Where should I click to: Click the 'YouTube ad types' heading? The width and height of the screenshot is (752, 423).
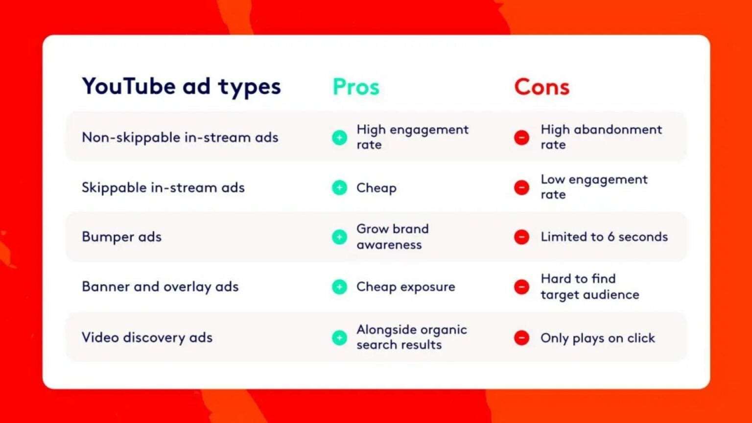pos(181,87)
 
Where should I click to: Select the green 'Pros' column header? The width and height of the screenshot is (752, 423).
pos(356,87)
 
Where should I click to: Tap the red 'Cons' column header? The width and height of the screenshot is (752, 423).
pos(542,87)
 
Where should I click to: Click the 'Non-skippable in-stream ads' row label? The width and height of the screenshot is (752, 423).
pos(180,138)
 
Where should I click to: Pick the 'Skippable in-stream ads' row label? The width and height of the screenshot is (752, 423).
pos(163,188)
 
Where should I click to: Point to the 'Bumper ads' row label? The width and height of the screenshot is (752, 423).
pos(121,236)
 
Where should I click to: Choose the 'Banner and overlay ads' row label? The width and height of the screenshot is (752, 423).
pos(160,287)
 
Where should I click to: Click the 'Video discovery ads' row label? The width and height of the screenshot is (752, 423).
pos(147,337)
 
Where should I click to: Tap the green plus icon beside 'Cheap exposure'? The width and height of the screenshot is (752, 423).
pos(339,287)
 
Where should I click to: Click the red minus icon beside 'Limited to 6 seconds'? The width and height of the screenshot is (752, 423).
pos(522,237)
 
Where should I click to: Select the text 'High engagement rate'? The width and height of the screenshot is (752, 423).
pos(412,137)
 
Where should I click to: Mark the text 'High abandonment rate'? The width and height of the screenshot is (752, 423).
pos(601,137)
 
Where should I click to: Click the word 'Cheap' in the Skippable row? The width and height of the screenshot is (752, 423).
pos(376,188)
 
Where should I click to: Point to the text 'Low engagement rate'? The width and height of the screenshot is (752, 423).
pos(594,187)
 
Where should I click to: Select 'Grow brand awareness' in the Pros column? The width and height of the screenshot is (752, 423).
pos(393,236)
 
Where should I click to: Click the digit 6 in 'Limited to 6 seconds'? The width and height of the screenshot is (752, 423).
pos(611,237)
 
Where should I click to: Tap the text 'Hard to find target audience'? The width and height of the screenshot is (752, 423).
pos(590,286)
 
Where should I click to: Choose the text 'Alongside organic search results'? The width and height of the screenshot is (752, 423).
pos(412,337)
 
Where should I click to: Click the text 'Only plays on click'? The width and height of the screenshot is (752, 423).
pos(598,338)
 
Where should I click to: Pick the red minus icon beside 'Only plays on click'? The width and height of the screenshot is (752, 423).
pos(522,338)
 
